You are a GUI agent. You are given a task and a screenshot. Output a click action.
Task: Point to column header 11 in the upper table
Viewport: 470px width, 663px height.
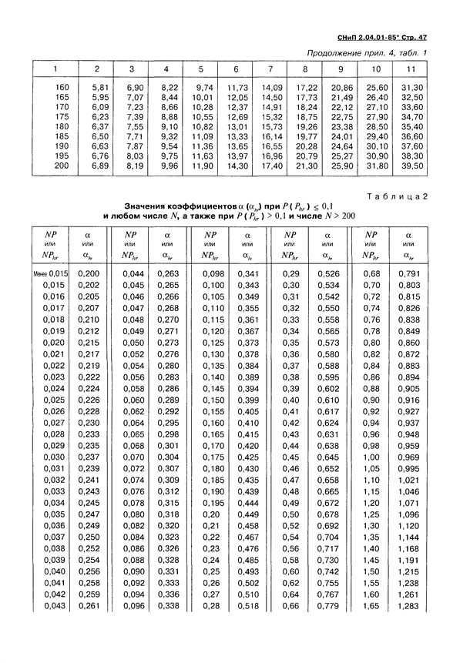point(411,69)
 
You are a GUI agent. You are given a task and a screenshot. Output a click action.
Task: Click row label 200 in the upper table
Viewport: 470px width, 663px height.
point(62,166)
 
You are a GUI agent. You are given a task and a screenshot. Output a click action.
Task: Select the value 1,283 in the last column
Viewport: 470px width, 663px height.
point(408,607)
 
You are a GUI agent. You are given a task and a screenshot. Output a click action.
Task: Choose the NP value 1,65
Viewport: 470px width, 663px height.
point(371,607)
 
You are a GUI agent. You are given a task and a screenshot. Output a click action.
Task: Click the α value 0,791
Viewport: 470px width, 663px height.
point(408,274)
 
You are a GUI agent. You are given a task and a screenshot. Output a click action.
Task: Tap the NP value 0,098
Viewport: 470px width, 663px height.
point(213,274)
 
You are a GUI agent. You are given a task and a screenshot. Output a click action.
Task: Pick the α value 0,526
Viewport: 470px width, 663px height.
point(328,274)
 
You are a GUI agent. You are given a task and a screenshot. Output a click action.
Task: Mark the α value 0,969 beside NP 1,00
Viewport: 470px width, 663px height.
point(408,457)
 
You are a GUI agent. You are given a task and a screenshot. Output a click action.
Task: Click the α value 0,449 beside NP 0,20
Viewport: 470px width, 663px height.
point(248,513)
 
